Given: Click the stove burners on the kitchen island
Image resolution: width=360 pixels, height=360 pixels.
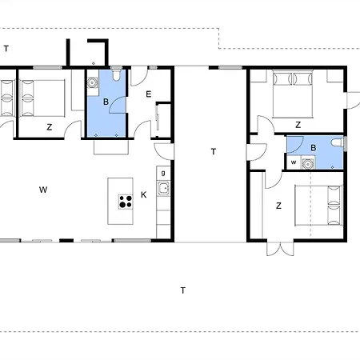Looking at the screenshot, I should tap(126, 201).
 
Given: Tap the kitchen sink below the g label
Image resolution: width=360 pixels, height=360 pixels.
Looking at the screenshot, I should tap(163, 189).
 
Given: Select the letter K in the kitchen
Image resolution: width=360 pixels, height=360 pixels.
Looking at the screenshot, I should tap(144, 194).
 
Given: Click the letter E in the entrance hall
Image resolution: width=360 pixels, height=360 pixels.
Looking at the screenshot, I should tap(149, 94).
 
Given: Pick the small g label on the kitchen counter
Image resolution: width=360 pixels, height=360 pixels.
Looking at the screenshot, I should tap(163, 173).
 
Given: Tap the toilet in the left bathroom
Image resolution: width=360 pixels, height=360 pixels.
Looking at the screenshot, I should tap(118, 78).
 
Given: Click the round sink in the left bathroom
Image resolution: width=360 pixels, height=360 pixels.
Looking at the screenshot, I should tap(93, 80).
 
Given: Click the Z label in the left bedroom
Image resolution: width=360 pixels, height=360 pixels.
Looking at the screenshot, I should tap(49, 127).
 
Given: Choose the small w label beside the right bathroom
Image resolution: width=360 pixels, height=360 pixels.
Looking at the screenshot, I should tap(294, 162).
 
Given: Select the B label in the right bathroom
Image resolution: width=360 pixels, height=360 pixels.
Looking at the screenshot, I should tap(314, 147).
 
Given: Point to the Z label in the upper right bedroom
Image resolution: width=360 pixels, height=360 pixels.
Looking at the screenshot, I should tap(298, 125).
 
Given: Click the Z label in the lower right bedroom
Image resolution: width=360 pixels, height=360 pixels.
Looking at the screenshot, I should tap(278, 206).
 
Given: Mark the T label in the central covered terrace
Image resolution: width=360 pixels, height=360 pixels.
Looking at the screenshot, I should tap(214, 151).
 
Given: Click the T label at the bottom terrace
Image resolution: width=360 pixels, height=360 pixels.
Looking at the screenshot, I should tap(183, 290).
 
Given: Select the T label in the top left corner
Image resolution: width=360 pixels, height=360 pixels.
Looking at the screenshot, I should tap(6, 49).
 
